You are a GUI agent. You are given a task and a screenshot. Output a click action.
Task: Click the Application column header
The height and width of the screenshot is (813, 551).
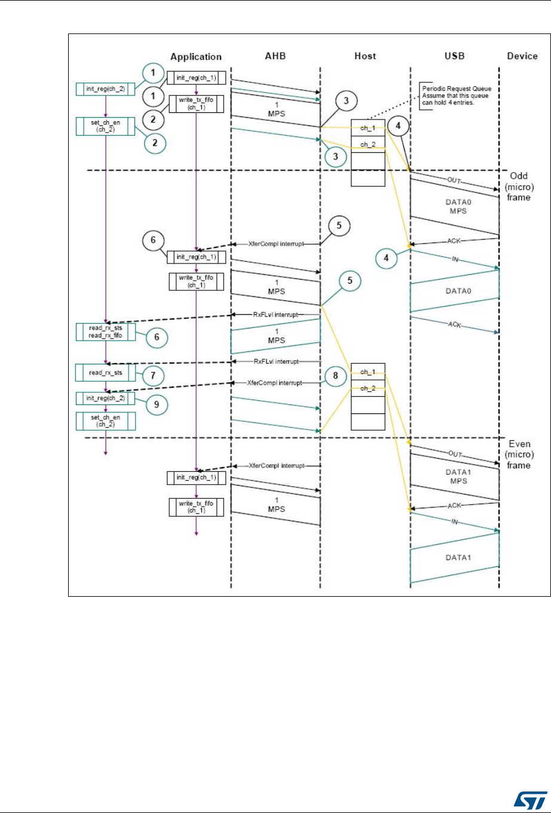196,57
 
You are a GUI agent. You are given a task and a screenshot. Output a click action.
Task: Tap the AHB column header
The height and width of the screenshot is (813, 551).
275,56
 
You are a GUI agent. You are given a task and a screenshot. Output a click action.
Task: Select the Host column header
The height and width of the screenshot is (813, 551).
365,56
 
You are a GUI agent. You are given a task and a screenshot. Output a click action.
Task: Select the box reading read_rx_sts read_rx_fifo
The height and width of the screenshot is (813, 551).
106,332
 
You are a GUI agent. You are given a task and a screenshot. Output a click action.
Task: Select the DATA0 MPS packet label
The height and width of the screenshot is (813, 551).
455,207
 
